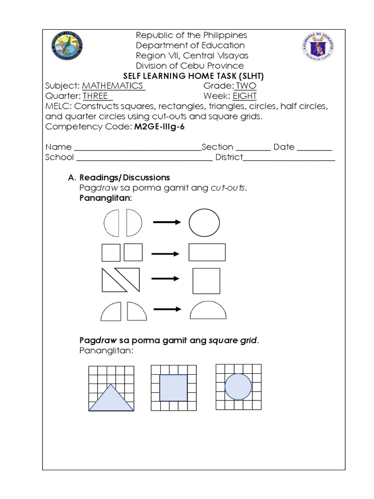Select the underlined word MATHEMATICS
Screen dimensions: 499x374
click(x=113, y=86)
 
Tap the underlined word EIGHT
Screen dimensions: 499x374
click(x=244, y=96)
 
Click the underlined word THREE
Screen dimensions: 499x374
click(x=97, y=96)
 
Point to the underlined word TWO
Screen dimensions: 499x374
click(x=246, y=86)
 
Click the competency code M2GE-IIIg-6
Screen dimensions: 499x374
click(x=159, y=127)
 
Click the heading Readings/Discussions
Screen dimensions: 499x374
click(x=125, y=177)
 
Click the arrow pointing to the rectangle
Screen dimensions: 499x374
click(x=166, y=253)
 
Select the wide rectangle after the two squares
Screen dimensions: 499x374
click(x=207, y=252)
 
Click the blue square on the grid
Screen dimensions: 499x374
click(x=173, y=387)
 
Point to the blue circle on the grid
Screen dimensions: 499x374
click(x=238, y=387)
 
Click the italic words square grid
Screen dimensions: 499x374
click(x=232, y=340)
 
